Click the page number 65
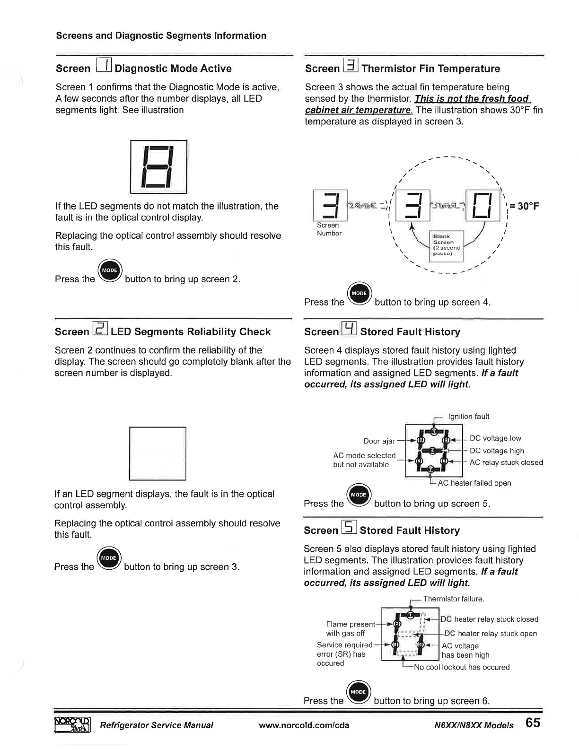pyautogui.click(x=532, y=723)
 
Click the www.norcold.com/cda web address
pyautogui.click(x=304, y=725)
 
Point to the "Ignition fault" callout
pyautogui.click(x=468, y=417)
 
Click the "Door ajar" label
pyautogui.click(x=379, y=441)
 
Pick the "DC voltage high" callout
pyautogui.click(x=497, y=451)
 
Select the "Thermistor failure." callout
pyautogui.click(x=454, y=599)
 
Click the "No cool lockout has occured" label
pyautogui.click(x=462, y=667)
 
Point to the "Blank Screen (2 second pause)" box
pyautogui.click(x=447, y=245)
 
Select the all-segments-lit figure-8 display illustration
pyautogui.click(x=158, y=167)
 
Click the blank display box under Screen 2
pyautogui.click(x=158, y=453)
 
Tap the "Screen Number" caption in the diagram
pyautogui.click(x=329, y=229)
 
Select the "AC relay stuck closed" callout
pyautogui.click(x=506, y=462)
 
